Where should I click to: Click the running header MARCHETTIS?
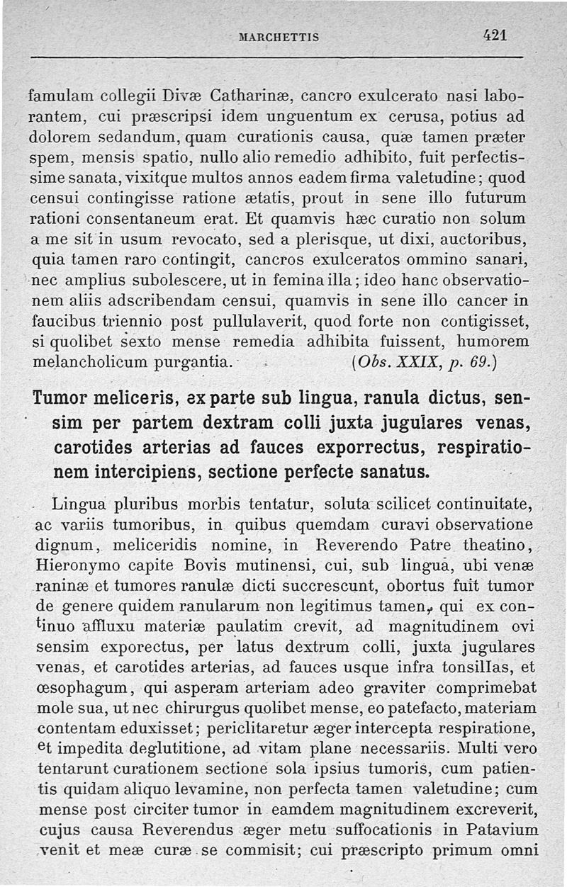pos(280,37)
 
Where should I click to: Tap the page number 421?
pos(496,35)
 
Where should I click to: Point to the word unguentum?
pos(309,114)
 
